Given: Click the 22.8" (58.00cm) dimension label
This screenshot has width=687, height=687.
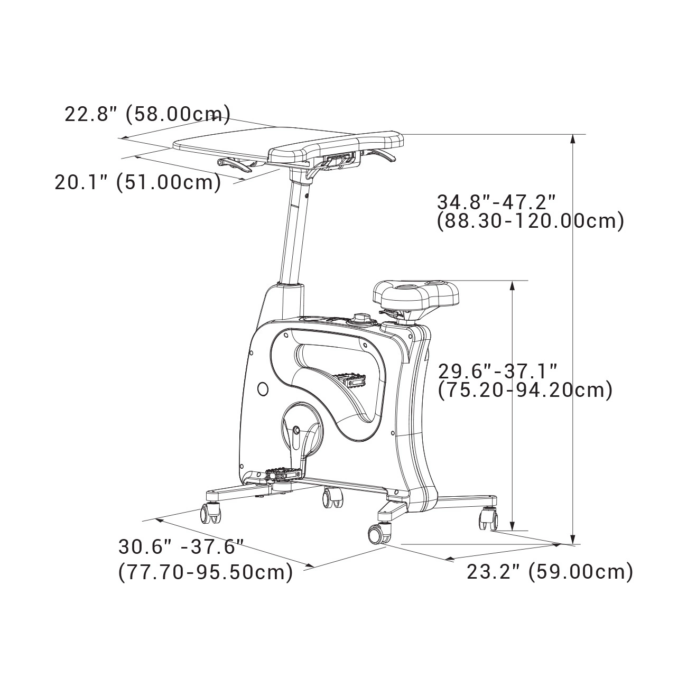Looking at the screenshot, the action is (147, 115).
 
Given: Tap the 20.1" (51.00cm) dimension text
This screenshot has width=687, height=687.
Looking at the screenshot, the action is (138, 182).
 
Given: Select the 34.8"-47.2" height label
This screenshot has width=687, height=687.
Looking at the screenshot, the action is (497, 202).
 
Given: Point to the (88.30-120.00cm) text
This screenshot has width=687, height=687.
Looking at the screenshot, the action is (531, 221).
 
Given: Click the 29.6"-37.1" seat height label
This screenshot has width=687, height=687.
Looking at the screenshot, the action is (497, 372).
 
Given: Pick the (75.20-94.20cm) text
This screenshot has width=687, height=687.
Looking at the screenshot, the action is (525, 391).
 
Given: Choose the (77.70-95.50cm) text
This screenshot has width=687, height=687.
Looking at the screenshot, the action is (206, 572).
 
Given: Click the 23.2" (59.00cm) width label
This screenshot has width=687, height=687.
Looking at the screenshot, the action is (550, 572).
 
